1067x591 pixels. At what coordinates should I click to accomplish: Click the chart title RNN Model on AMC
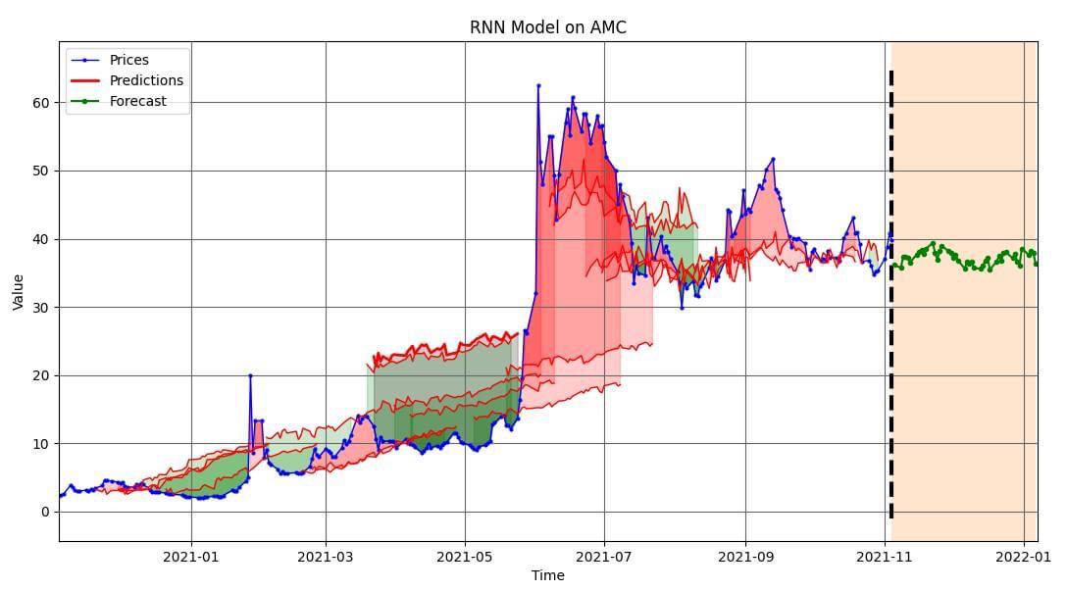tap(547, 27)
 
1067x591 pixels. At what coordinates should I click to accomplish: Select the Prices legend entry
tap(128, 60)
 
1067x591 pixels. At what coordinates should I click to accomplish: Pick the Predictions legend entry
tap(146, 80)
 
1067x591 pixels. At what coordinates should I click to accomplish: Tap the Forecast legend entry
tap(137, 101)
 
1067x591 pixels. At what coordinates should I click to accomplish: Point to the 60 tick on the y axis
tap(43, 103)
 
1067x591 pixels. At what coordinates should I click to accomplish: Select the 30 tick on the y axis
tap(43, 308)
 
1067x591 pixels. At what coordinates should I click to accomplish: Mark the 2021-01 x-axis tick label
tap(191, 556)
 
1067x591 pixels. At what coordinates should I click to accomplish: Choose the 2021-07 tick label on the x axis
tap(605, 556)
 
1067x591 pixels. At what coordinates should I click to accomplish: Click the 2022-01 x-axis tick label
tap(1024, 556)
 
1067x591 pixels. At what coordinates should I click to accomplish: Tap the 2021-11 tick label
tap(885, 556)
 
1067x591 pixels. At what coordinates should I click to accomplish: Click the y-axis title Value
tap(19, 291)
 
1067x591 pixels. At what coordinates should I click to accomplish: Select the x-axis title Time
tap(547, 575)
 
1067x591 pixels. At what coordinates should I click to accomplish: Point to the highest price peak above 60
tap(538, 86)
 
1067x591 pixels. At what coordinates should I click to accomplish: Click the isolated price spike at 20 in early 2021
tap(250, 375)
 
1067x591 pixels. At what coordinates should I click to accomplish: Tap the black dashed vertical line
tap(890, 294)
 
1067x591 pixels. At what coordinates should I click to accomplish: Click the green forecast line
tap(961, 258)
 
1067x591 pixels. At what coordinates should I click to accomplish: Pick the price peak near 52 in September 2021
tap(773, 159)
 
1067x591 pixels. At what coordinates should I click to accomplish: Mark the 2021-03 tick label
tap(326, 556)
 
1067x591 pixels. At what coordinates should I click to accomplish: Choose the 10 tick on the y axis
tap(43, 444)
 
